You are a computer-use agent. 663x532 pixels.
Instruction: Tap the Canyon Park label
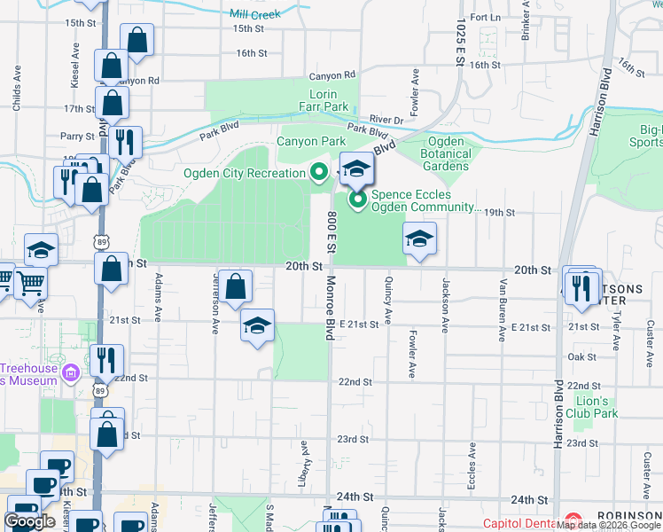pyautogui.click(x=310, y=141)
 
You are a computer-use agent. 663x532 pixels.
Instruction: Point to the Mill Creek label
pyautogui.click(x=254, y=14)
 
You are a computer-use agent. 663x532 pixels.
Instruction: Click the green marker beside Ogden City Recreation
pyautogui.click(x=318, y=173)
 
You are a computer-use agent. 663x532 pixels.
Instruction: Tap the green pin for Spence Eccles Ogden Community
pyautogui.click(x=358, y=200)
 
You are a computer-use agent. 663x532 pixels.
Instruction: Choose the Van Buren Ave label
pyautogui.click(x=503, y=295)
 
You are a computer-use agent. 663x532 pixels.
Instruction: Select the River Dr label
pyautogui.click(x=386, y=120)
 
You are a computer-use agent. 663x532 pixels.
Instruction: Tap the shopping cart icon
pyautogui.click(x=30, y=283)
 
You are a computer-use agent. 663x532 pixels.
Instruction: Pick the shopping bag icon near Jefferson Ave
pyautogui.click(x=235, y=287)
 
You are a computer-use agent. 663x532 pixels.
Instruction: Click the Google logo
pyautogui.click(x=29, y=521)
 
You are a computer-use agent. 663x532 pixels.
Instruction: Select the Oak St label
pyautogui.click(x=581, y=356)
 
